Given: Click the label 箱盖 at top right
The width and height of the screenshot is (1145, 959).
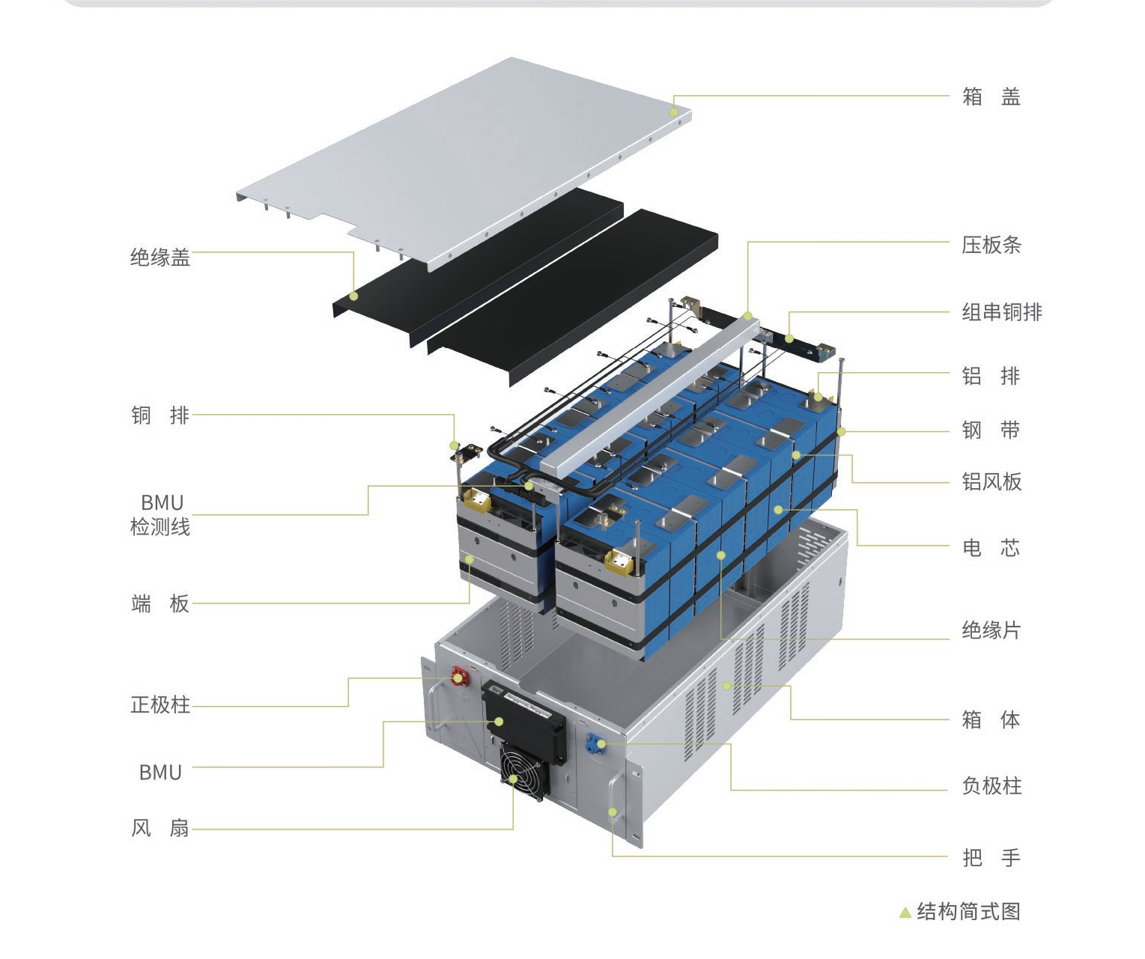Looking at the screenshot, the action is pyautogui.click(x=991, y=97).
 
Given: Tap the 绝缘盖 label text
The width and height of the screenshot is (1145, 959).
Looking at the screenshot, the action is pyautogui.click(x=160, y=258).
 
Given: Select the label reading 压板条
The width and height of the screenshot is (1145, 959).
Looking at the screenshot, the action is pyautogui.click(x=991, y=245).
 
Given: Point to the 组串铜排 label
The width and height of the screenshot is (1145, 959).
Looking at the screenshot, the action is pyautogui.click(x=1002, y=312).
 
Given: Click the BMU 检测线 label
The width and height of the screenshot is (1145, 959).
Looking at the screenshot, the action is pyautogui.click(x=160, y=514).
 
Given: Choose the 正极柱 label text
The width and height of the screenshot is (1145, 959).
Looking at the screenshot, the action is pyautogui.click(x=160, y=704).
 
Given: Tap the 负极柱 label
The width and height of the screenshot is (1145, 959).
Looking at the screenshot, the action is pyautogui.click(x=991, y=786).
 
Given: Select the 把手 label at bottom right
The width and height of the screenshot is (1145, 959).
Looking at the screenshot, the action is pyautogui.click(x=991, y=858).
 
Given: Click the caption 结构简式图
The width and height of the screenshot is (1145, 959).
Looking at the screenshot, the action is pyautogui.click(x=968, y=911).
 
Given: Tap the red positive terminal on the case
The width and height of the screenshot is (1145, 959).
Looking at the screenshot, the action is pyautogui.click(x=460, y=677).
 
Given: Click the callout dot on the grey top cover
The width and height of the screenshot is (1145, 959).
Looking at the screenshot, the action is pyautogui.click(x=674, y=112).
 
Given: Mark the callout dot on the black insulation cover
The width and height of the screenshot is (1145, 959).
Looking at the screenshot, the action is pyautogui.click(x=353, y=296).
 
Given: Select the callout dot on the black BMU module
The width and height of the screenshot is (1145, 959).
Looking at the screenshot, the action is pyautogui.click(x=499, y=722).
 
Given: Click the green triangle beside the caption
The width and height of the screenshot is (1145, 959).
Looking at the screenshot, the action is pyautogui.click(x=905, y=912).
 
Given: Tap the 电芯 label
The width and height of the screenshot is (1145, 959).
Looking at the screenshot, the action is pyautogui.click(x=991, y=548).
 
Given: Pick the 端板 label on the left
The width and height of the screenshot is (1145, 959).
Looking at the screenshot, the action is pyautogui.click(x=160, y=603).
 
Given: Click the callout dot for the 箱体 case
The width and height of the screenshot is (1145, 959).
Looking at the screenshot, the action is pyautogui.click(x=726, y=686).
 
